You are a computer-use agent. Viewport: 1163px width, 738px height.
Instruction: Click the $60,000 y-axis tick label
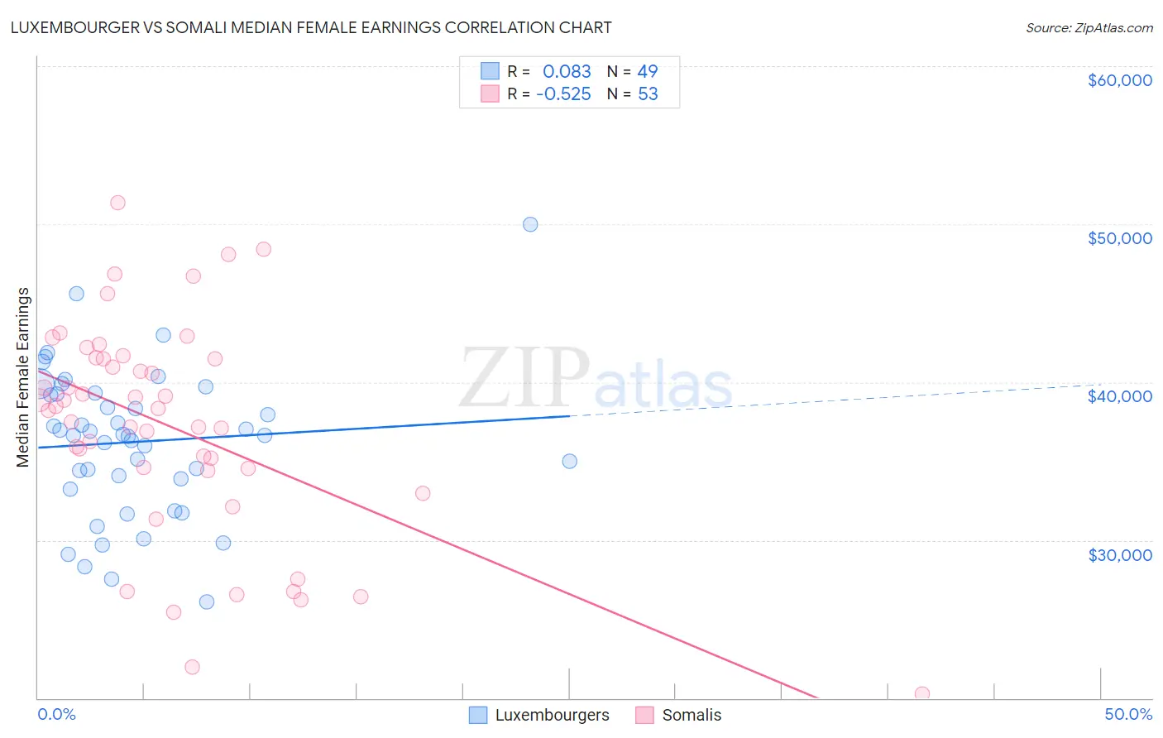coord(1119,80)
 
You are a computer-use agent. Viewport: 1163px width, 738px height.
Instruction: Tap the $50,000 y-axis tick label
coord(1119,238)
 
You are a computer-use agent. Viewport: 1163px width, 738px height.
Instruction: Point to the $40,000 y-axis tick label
coord(1119,396)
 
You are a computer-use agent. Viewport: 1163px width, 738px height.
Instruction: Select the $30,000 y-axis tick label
coord(1119,554)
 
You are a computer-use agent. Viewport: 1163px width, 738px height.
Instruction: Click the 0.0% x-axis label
coord(56,714)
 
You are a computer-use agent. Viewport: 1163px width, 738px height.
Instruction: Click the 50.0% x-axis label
coord(1128,714)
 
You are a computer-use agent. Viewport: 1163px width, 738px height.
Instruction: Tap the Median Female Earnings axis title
coord(23,377)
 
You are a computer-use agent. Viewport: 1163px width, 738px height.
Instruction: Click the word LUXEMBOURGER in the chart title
coord(78,27)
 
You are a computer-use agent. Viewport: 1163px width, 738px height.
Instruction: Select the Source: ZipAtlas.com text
coord(1089,28)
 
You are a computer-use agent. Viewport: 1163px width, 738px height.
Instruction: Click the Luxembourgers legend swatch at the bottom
coord(478,715)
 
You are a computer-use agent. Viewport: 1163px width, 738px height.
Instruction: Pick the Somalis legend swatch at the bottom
coord(645,715)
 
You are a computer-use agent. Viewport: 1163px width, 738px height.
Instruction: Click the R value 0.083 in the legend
coord(567,72)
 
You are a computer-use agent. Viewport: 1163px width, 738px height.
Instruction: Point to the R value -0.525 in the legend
coord(563,94)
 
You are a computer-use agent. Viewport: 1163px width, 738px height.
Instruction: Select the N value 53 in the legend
coord(648,94)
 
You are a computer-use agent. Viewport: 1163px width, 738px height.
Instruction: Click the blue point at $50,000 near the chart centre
coord(530,224)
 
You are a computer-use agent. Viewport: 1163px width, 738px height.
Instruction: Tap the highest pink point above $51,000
coord(117,203)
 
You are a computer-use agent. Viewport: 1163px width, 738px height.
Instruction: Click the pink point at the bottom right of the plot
coord(922,693)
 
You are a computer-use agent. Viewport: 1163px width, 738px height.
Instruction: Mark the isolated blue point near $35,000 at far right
coord(570,462)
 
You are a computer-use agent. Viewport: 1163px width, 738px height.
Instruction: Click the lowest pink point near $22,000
coord(192,667)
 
